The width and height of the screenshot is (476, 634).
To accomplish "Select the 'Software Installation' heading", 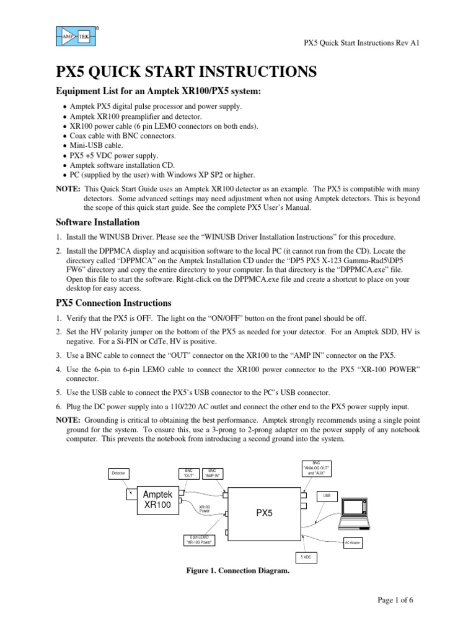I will (98, 222).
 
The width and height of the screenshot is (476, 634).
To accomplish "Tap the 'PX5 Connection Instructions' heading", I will (113, 303).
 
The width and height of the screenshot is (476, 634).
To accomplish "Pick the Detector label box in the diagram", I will (118, 473).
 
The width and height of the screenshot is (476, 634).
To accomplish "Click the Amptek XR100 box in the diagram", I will (157, 499).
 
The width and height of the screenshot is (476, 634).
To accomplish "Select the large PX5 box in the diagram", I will (265, 513).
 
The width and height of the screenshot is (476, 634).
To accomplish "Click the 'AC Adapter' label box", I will (353, 543).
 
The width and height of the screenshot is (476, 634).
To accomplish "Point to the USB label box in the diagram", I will (326, 496).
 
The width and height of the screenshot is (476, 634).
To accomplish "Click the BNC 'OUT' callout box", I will (188, 474).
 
